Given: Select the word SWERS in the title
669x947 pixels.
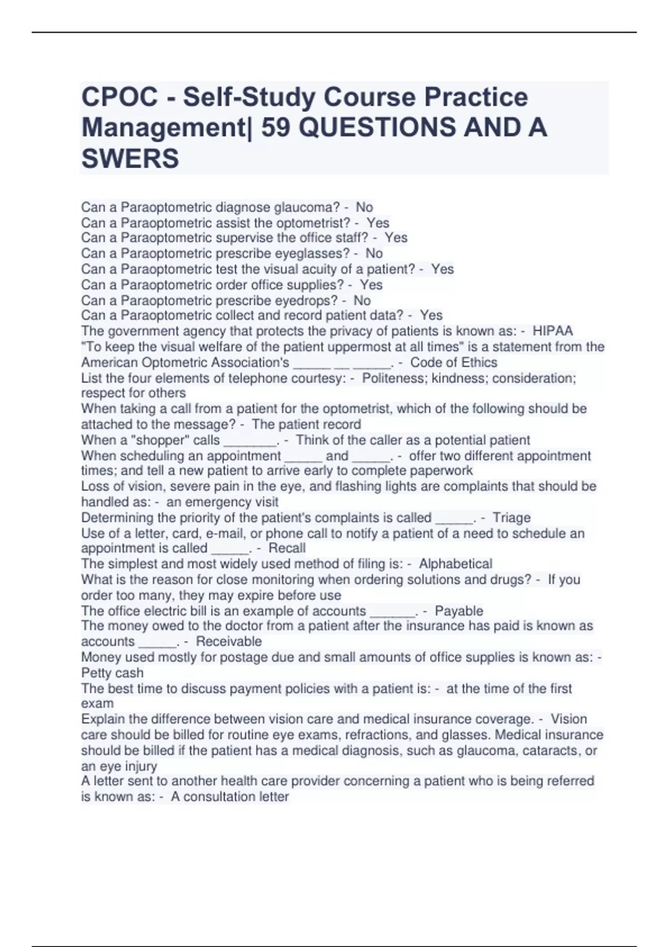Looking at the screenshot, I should tap(130, 159).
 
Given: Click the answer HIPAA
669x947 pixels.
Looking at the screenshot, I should tap(552, 331).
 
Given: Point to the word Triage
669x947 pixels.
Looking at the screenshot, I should tap(511, 518).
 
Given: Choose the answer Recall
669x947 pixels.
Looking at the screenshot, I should tap(287, 548).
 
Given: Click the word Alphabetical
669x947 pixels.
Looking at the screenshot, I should tap(455, 564).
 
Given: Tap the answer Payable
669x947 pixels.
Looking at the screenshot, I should tap(459, 611).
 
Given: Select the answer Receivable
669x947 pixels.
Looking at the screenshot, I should tap(229, 641).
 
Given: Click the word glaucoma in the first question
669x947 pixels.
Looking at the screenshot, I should tap(306, 207).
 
